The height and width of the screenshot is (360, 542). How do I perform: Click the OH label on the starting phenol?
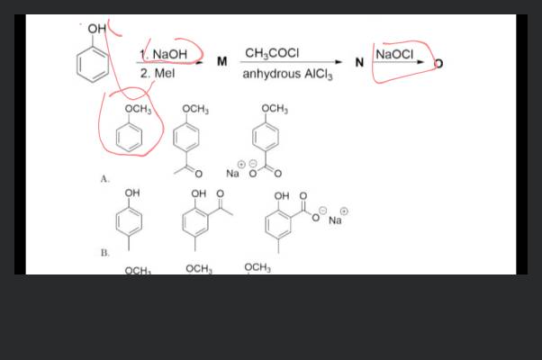click(96, 30)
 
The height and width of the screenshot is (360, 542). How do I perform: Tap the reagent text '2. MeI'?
click(158, 73)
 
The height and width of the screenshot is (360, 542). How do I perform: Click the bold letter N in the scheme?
click(359, 62)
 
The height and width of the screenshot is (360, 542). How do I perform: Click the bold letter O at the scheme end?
click(438, 64)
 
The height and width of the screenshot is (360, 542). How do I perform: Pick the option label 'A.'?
click(105, 179)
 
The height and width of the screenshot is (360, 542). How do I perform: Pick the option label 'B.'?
click(105, 254)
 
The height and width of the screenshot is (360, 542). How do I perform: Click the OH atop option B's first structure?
click(132, 193)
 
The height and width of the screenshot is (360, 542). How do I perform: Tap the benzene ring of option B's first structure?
click(132, 220)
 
